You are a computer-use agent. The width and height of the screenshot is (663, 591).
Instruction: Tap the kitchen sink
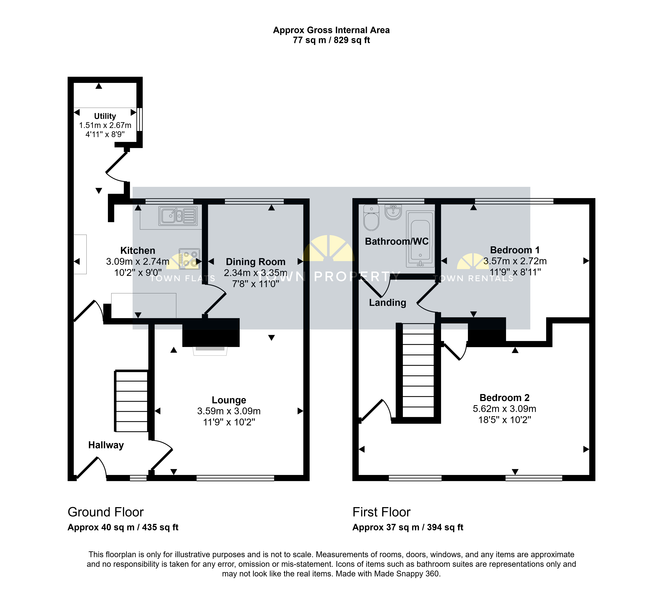click(178, 216)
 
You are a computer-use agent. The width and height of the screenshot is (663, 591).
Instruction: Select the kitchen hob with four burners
click(189, 259)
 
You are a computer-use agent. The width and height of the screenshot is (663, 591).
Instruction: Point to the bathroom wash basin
click(393, 212)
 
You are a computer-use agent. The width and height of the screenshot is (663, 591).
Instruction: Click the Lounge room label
click(229, 400)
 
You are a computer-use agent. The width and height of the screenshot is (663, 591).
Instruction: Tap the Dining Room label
click(256, 262)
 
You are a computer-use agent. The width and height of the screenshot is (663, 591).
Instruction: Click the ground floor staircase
click(131, 401)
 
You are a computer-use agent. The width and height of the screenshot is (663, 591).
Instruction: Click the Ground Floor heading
click(106, 512)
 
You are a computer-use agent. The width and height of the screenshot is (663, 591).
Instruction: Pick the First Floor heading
click(382, 512)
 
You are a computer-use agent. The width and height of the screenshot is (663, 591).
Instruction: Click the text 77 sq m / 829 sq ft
click(331, 40)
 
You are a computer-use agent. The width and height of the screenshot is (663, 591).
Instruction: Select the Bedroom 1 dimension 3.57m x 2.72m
click(515, 261)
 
